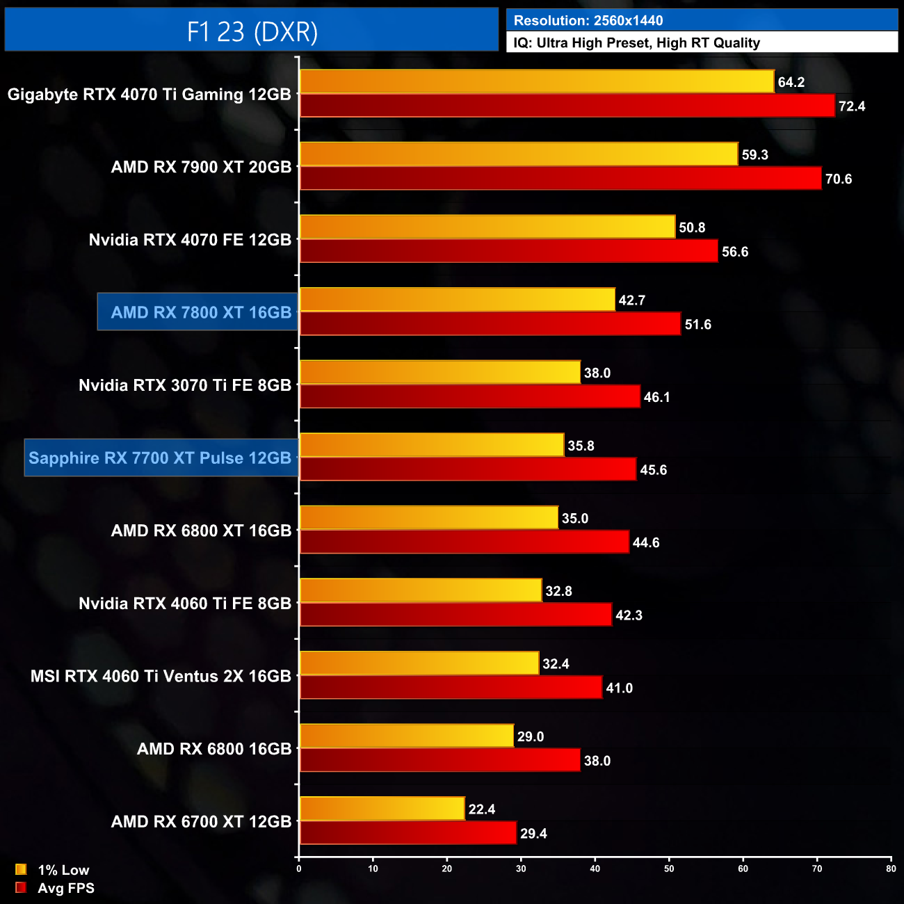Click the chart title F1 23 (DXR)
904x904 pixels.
[252, 31]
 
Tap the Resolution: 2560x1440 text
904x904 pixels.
[588, 20]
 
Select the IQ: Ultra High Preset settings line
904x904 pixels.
[636, 42]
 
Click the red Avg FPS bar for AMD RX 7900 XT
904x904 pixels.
[560, 178]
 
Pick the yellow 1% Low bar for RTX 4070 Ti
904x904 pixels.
[536, 81]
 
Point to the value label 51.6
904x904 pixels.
[697, 325]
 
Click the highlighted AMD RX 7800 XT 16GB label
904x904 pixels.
[200, 312]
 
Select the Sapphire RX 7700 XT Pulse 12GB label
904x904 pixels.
[160, 458]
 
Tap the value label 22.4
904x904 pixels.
[482, 809]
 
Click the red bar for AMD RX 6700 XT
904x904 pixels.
[408, 833]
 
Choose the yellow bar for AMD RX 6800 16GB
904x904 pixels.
[407, 736]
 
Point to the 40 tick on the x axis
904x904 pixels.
[595, 869]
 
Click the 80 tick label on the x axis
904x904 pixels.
[891, 869]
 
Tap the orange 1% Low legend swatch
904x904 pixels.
[21, 869]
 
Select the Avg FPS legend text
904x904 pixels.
[66, 888]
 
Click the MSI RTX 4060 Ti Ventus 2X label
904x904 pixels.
[161, 676]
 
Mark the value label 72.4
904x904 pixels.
[852, 106]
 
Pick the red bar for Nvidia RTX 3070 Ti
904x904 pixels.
[469, 396]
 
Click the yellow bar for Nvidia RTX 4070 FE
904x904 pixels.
[487, 227]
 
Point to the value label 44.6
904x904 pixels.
[646, 542]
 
